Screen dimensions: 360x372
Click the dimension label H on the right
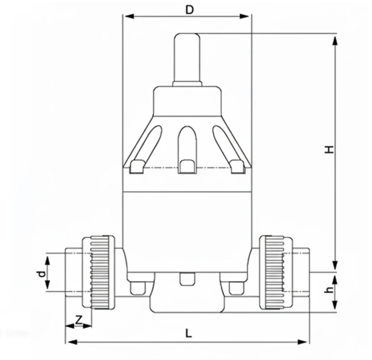[x=328, y=149]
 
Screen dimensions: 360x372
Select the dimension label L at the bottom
[x=188, y=333]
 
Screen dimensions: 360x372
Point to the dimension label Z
[x=79, y=319]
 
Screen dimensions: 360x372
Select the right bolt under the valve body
[x=237, y=288]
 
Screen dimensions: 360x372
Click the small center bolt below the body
[x=187, y=279]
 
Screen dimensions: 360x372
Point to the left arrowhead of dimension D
[x=127, y=16]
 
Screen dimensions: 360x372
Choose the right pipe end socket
[x=301, y=272]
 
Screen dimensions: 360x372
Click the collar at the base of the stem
[x=187, y=83]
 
